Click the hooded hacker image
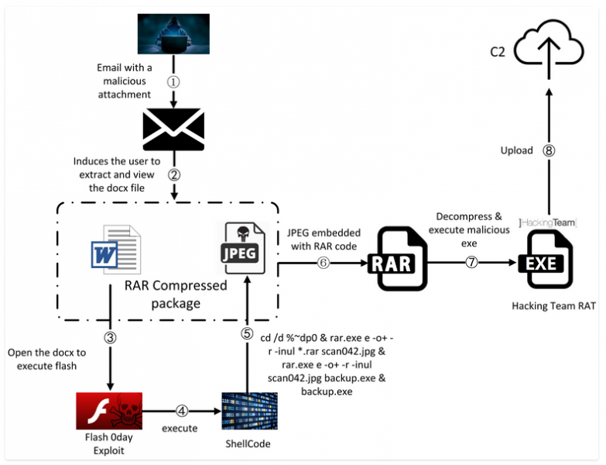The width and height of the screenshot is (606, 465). coord(173,35)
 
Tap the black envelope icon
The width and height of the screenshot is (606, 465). coord(173,129)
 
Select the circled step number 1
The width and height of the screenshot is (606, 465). coord(173,80)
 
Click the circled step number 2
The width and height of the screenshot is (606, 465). coord(173,174)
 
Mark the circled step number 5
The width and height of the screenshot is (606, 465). coord(247,333)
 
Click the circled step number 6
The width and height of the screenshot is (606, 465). coord(324,263)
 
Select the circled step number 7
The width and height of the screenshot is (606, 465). coord(471,263)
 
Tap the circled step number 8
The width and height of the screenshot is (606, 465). coord(549,151)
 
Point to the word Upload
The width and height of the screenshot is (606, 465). coord(516,150)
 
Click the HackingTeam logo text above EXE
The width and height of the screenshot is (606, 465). coord(547,222)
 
